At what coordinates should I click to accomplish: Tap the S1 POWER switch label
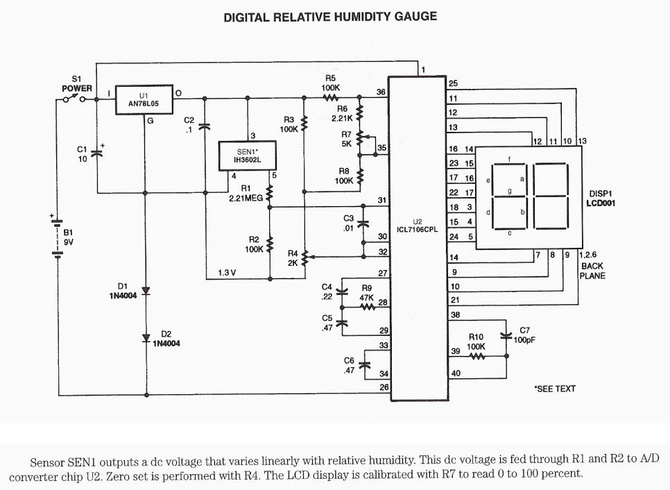tap(76, 84)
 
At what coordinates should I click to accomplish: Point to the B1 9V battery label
tap(68, 237)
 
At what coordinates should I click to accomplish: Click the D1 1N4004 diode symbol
tap(146, 291)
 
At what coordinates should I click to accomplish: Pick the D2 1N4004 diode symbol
tap(146, 338)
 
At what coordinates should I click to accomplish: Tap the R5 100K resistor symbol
tap(330, 98)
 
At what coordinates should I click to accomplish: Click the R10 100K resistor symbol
tap(476, 357)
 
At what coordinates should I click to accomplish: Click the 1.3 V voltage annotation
tap(228, 273)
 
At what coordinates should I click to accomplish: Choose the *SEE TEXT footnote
tap(554, 389)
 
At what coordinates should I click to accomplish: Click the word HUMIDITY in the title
tap(361, 16)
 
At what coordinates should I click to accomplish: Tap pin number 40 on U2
tap(455, 373)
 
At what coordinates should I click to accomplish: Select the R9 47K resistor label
tap(368, 292)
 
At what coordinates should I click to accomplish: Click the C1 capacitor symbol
tap(96, 153)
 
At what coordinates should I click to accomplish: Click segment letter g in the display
tap(510, 189)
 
